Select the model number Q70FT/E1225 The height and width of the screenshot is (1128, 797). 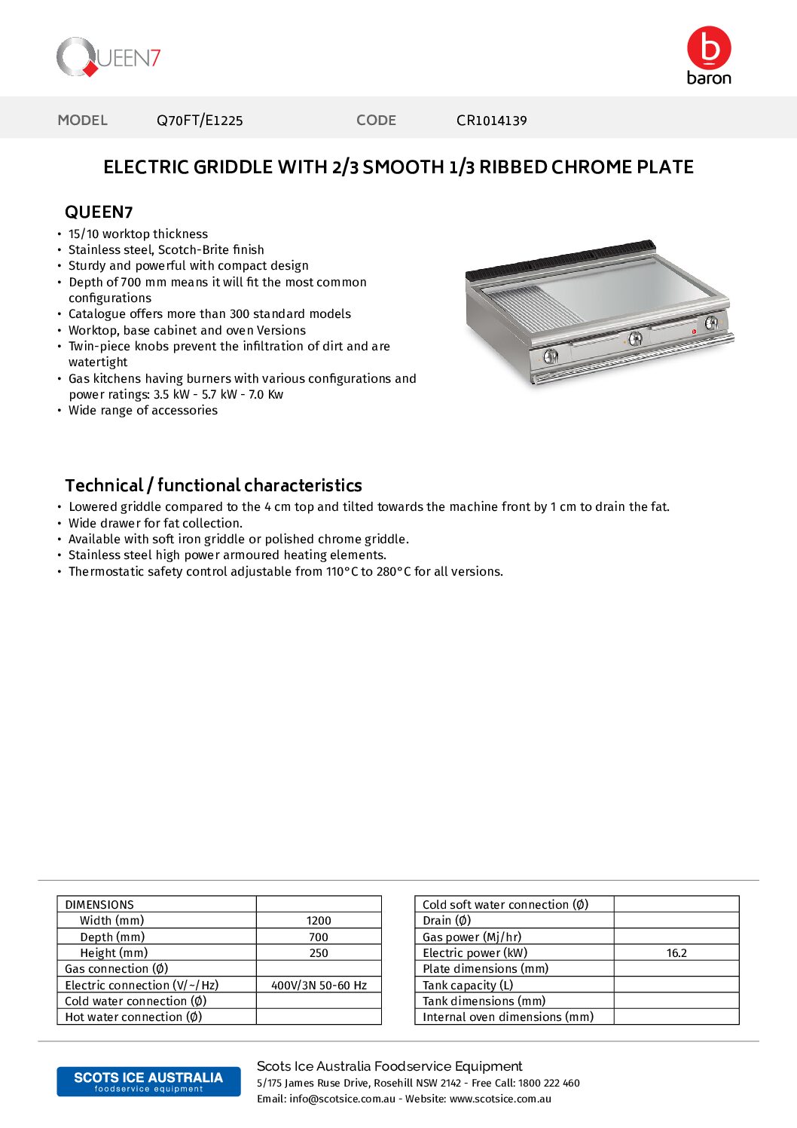[x=200, y=121]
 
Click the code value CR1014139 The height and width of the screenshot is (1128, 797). [x=491, y=121]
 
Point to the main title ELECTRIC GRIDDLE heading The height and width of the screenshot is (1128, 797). [x=398, y=167]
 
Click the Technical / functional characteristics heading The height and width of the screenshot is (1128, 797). [x=213, y=485]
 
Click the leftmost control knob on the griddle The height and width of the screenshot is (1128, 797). [x=551, y=356]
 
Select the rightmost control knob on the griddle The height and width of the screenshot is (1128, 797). [x=711, y=323]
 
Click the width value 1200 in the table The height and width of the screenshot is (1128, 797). [x=319, y=921]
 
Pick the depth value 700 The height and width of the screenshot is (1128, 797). [x=319, y=937]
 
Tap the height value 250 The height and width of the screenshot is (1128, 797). [x=319, y=953]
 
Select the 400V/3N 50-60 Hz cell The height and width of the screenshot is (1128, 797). [x=319, y=986]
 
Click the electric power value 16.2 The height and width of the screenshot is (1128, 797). [x=676, y=953]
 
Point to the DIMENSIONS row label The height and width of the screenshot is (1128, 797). [x=99, y=905]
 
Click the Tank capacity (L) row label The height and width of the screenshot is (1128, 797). [x=468, y=986]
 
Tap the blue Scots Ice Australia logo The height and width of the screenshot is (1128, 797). [x=148, y=1081]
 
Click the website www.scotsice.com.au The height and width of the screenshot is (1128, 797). [x=500, y=1099]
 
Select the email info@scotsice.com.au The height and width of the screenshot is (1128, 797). [x=342, y=1099]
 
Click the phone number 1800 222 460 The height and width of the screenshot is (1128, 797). [x=549, y=1083]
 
